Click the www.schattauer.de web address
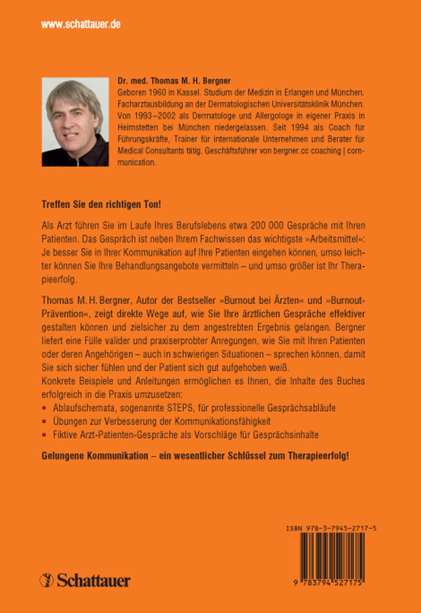pyautogui.click(x=81, y=25)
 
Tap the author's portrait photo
pyautogui.click(x=75, y=122)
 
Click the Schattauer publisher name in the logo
pyautogui.click(x=94, y=581)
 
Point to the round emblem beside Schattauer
pyautogui.click(x=47, y=580)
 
